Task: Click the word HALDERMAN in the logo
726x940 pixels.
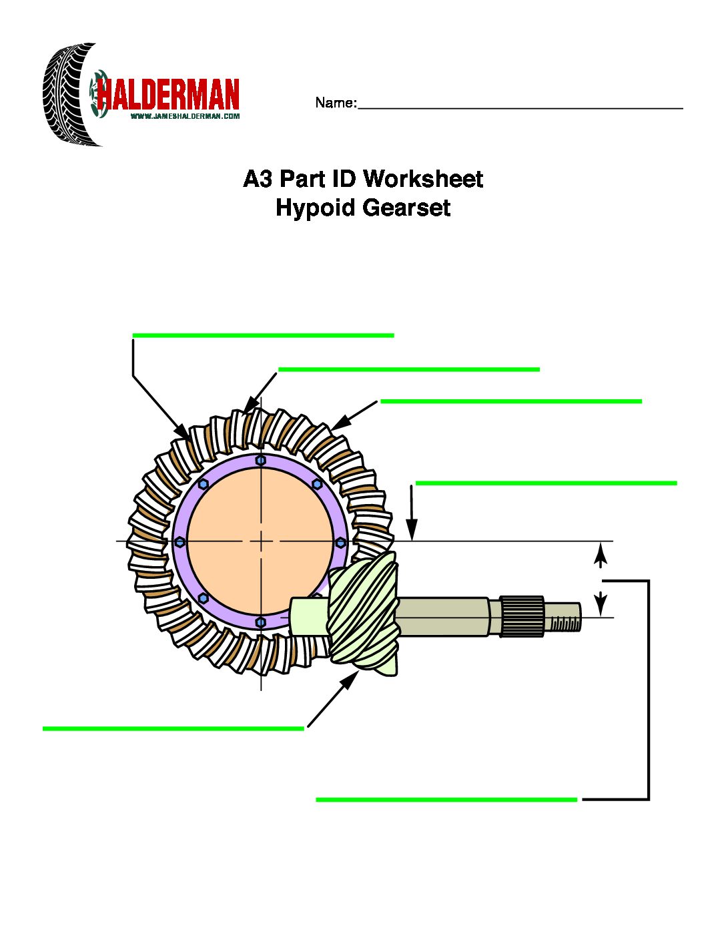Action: coord(168,95)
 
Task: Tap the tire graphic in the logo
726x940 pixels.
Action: coord(67,95)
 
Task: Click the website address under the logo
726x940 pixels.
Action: coord(185,116)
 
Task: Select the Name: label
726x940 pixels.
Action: coord(336,103)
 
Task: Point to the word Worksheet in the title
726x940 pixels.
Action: coord(423,179)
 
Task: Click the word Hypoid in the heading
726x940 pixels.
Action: coord(316,208)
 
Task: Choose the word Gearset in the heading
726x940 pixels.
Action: coord(406,208)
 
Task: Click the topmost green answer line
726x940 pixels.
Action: coord(263,335)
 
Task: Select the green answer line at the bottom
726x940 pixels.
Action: coord(446,799)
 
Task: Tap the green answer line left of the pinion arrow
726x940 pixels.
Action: coord(173,728)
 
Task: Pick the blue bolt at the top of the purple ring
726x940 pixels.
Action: coord(261,460)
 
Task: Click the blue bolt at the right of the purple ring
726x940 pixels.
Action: coord(340,541)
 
